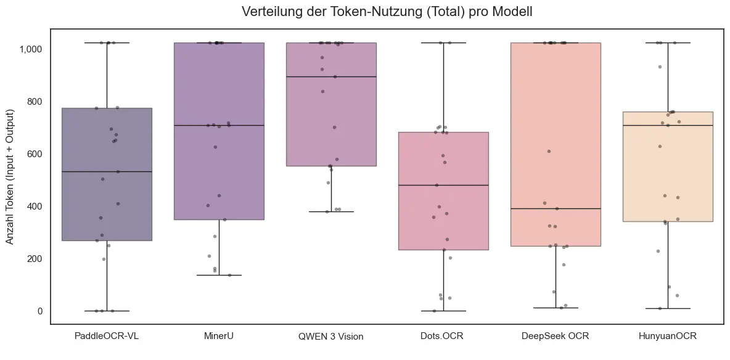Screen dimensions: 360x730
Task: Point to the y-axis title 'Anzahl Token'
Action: point(10,176)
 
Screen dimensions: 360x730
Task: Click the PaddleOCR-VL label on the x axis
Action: point(107,336)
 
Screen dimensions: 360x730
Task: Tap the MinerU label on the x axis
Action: point(219,336)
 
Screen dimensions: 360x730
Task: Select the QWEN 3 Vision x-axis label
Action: point(331,336)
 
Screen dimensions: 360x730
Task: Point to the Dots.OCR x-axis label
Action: point(443,336)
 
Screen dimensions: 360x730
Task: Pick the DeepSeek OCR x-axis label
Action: point(556,336)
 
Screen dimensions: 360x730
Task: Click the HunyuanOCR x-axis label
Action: point(668,336)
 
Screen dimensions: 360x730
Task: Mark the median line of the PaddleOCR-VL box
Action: point(107,171)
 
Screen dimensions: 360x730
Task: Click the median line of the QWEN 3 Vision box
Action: point(331,76)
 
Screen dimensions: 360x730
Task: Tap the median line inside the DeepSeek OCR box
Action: point(556,208)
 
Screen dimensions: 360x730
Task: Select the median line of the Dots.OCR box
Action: point(443,185)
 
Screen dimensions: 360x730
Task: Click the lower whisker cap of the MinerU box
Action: point(219,275)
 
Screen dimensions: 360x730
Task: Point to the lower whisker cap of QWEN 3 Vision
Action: point(331,211)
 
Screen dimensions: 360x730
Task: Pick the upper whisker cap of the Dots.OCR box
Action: point(443,43)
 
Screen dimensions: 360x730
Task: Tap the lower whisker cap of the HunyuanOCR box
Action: point(668,308)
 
